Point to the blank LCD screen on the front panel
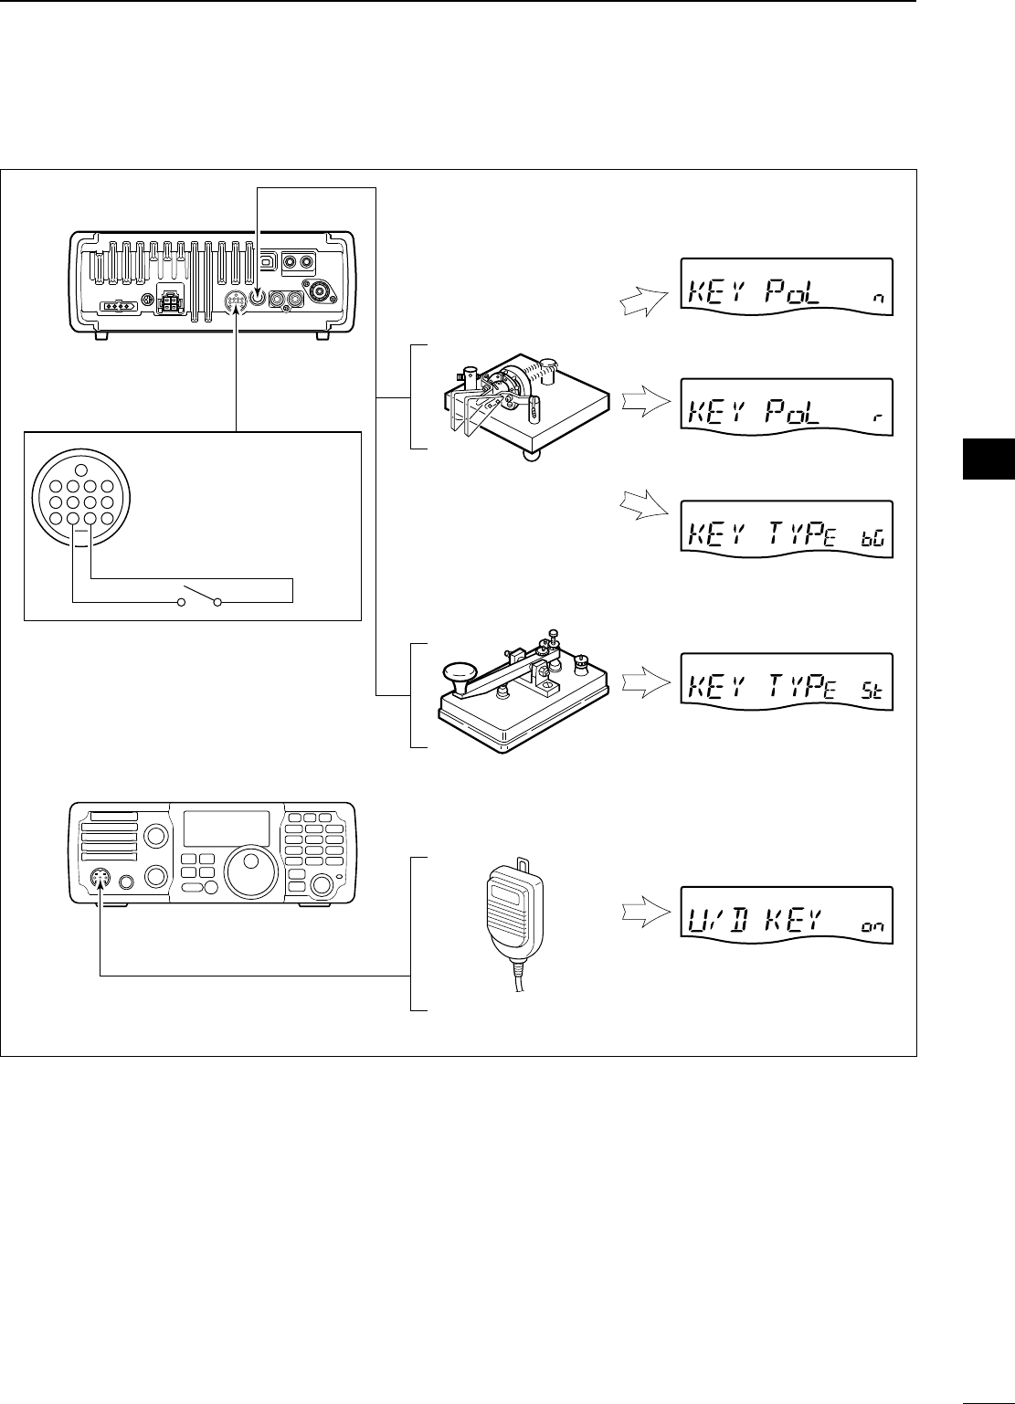[x=227, y=828]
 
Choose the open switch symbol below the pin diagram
[x=201, y=600]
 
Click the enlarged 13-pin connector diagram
[x=82, y=500]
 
